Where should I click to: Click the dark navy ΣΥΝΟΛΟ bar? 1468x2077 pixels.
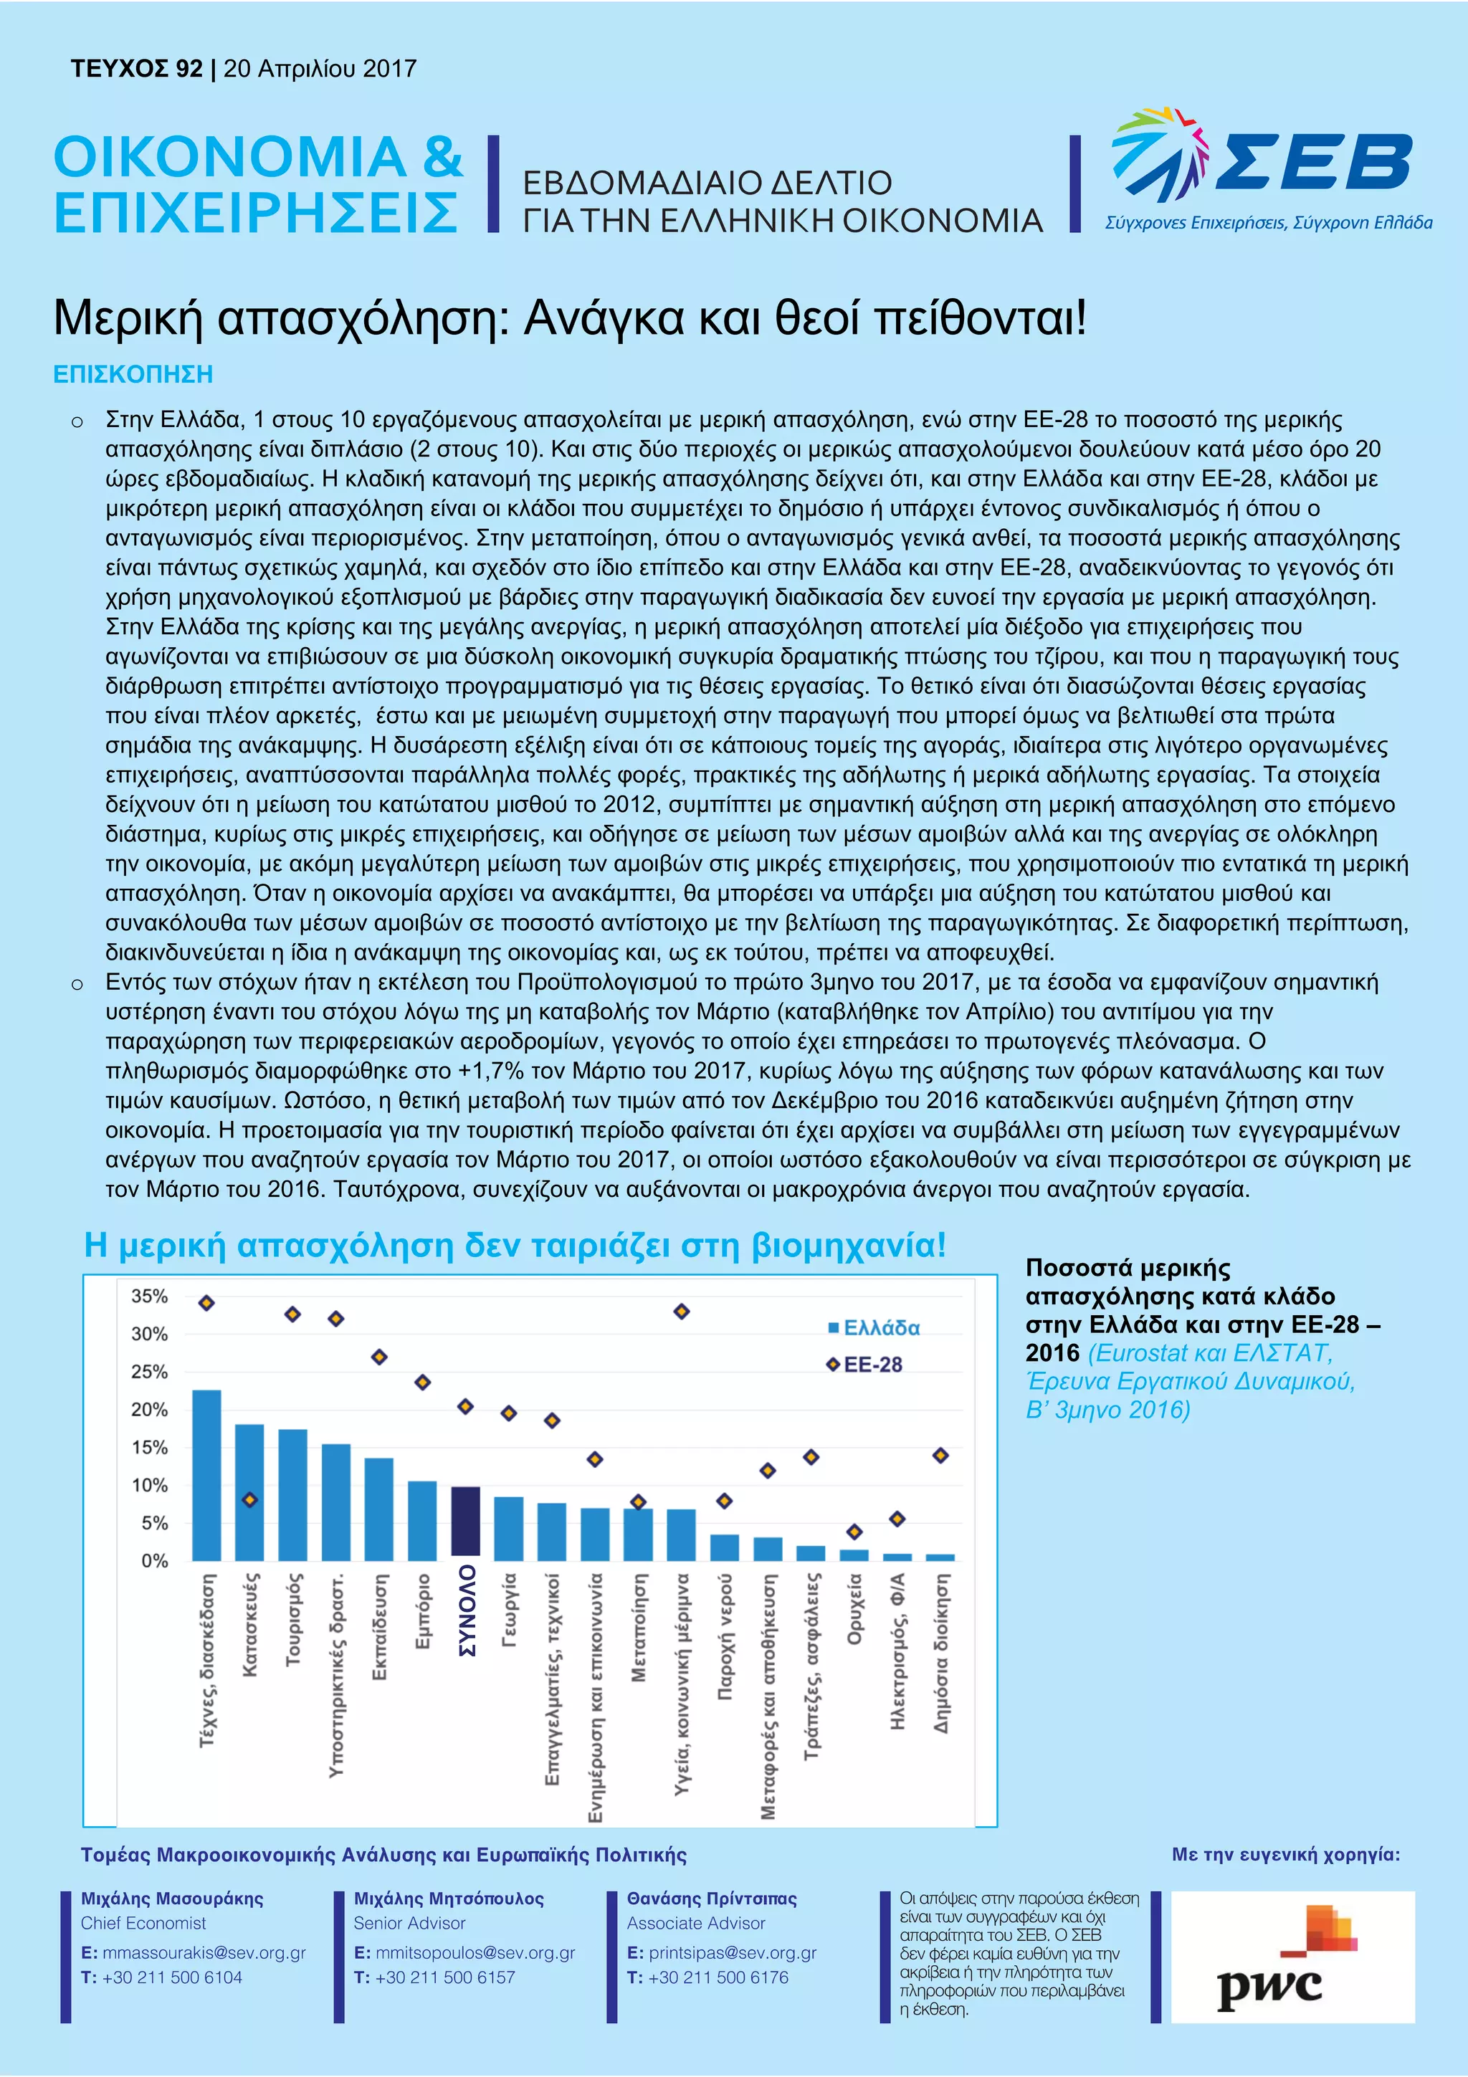pos(465,1521)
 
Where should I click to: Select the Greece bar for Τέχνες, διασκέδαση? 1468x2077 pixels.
pos(206,1474)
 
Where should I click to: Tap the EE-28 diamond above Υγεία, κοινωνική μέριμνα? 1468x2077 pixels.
pos(682,1311)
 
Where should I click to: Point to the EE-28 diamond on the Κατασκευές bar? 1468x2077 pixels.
pos(249,1500)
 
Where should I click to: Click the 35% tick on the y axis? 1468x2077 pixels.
pos(149,1297)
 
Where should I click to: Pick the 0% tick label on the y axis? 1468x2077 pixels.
pos(154,1560)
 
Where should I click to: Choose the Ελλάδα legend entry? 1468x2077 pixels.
pos(873,1328)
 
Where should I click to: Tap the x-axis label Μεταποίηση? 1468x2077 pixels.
pos(639,1628)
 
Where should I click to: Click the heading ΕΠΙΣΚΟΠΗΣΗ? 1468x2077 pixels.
pos(133,375)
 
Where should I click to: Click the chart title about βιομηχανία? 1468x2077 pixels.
pos(515,1246)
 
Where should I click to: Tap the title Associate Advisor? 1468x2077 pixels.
pos(695,1923)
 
